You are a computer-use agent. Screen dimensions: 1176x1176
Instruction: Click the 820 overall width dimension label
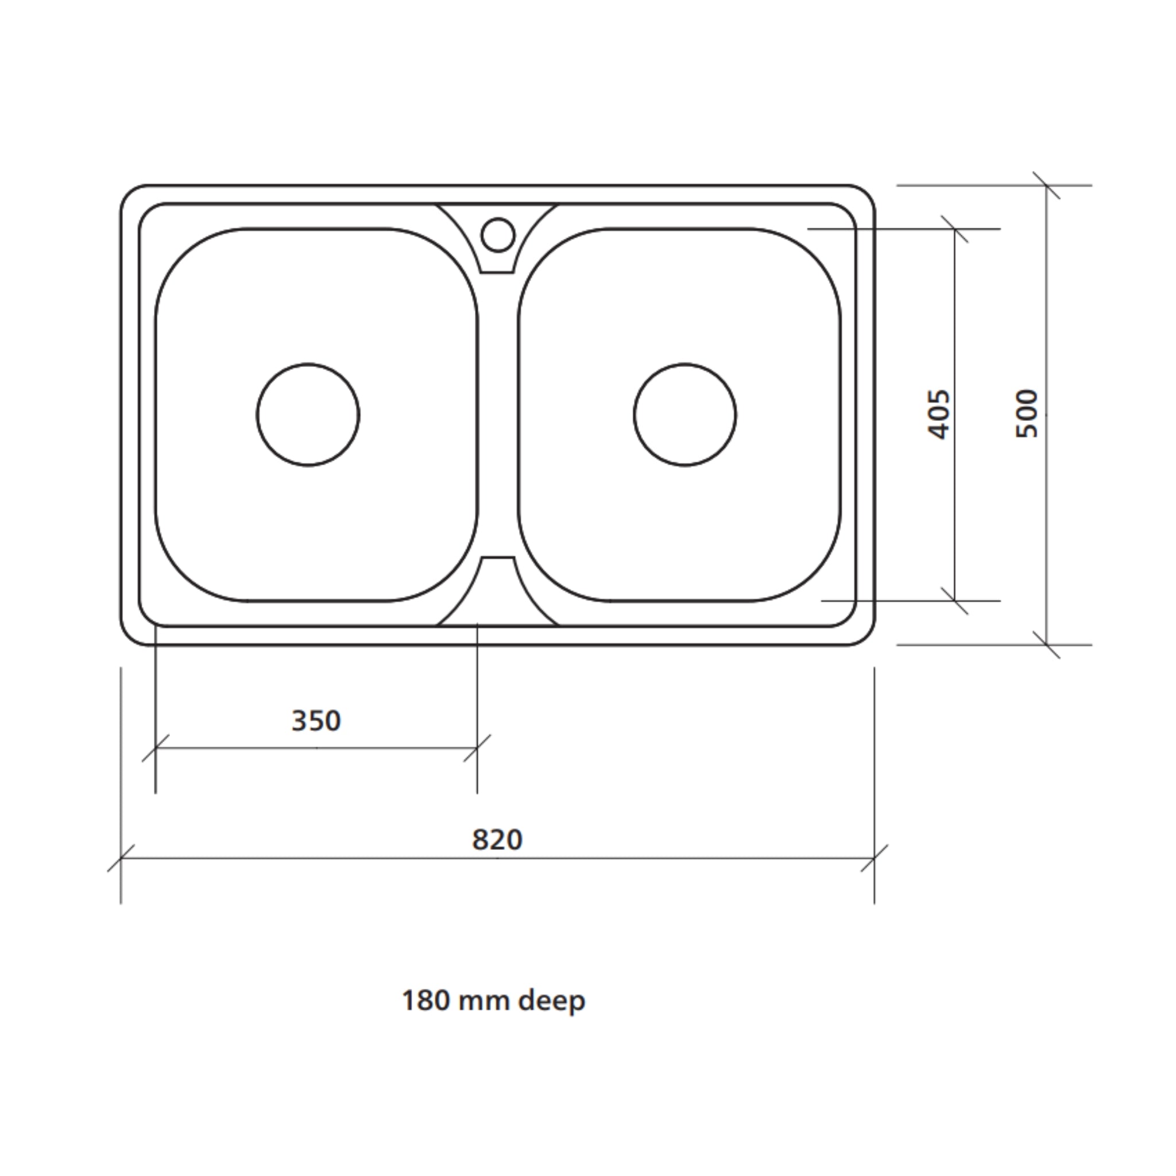[497, 840]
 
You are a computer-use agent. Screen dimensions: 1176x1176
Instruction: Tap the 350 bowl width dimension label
[316, 721]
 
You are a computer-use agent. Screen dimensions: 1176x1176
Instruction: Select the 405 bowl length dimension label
[938, 415]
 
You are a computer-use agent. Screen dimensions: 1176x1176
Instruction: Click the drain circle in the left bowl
[308, 415]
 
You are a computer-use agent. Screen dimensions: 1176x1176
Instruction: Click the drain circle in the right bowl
[685, 415]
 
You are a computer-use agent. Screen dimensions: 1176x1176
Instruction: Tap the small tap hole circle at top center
[498, 234]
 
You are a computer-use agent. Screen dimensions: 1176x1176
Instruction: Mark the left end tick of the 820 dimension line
[121, 858]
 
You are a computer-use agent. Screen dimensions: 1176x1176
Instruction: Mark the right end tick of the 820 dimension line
[874, 858]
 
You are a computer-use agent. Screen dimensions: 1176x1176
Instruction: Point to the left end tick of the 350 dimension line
[155, 748]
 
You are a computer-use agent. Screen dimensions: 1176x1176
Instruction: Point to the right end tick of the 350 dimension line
[477, 748]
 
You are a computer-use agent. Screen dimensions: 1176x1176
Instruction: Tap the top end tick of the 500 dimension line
[1046, 185]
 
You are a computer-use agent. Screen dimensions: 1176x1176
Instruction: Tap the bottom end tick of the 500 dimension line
[1046, 645]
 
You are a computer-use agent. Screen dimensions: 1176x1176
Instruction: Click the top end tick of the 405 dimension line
[954, 229]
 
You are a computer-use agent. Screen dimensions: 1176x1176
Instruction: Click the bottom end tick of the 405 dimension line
[954, 601]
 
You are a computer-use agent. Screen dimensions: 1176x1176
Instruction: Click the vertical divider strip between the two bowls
[498, 414]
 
